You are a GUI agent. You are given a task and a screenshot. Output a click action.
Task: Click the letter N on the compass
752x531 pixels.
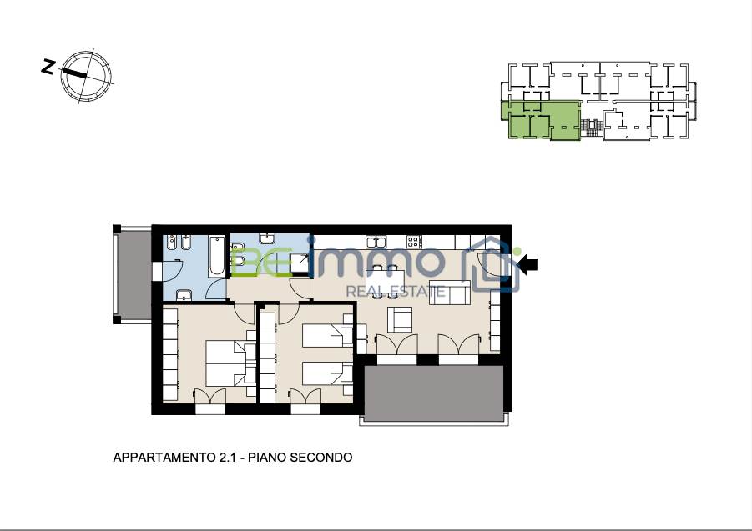point(47,66)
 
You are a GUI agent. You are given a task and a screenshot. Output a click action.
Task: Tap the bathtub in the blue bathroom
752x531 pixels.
point(217,256)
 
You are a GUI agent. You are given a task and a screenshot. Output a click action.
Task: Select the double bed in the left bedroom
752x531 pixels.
point(230,363)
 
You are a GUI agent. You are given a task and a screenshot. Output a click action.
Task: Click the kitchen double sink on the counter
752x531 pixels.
point(376,242)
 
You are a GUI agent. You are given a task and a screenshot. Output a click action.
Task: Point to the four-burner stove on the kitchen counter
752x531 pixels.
point(414,242)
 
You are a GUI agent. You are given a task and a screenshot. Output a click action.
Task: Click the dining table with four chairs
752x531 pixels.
point(385,282)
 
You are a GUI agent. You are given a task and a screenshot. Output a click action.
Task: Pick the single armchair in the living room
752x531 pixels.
point(400,319)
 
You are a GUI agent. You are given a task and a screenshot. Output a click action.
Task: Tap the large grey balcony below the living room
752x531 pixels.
point(433,393)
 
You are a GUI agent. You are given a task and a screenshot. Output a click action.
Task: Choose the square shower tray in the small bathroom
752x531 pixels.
point(300,263)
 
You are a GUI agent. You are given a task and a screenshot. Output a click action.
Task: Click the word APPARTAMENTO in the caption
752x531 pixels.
point(164,458)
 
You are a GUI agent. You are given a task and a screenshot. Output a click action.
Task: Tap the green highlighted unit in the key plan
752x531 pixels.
point(541,120)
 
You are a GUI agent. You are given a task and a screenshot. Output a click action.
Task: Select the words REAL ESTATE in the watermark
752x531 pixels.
point(396,291)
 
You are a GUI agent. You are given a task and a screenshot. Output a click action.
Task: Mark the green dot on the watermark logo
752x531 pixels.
point(517,252)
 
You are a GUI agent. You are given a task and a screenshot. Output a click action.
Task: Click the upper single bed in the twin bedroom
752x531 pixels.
point(327,335)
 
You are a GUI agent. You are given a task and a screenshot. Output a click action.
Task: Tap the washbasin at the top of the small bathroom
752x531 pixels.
point(267,238)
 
